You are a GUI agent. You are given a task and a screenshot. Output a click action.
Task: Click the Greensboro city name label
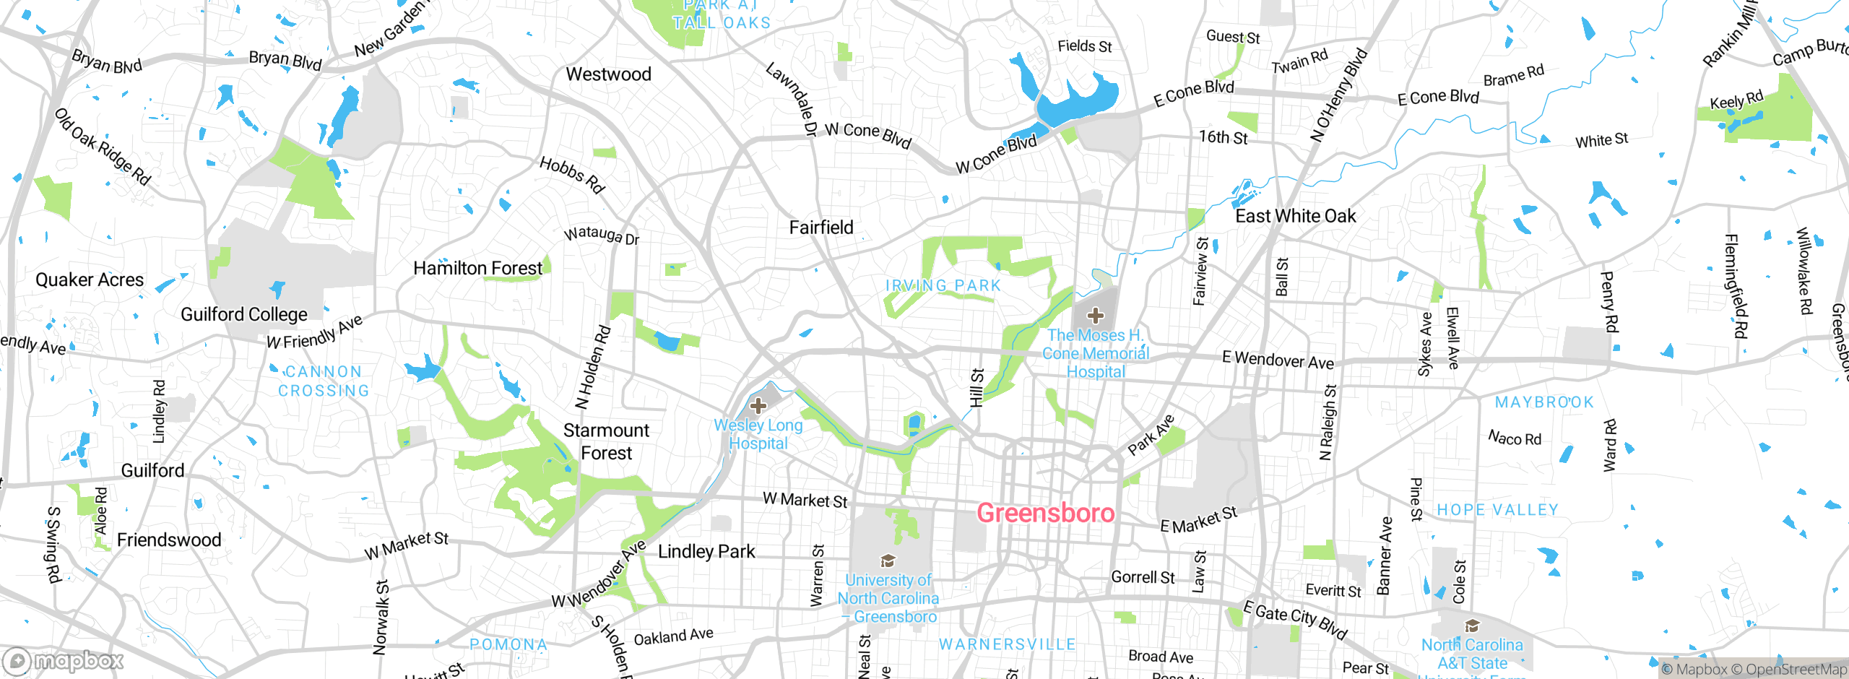pyautogui.click(x=1045, y=513)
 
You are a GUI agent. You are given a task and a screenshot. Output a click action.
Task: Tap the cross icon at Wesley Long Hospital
pyautogui.click(x=758, y=405)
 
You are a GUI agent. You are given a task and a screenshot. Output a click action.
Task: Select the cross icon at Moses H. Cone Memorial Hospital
pyautogui.click(x=1095, y=316)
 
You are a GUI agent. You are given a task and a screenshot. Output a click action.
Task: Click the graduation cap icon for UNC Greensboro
pyautogui.click(x=888, y=561)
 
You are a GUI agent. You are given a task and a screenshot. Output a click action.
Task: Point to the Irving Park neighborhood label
pyautogui.click(x=943, y=286)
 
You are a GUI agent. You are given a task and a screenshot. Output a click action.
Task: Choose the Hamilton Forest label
pyautogui.click(x=477, y=269)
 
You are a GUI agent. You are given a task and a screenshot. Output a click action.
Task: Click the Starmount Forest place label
pyautogui.click(x=606, y=441)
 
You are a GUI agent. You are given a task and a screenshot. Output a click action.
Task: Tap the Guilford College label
pyautogui.click(x=244, y=315)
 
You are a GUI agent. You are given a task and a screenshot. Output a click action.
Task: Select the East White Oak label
pyautogui.click(x=1296, y=216)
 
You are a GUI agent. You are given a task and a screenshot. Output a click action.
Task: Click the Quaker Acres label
pyautogui.click(x=90, y=280)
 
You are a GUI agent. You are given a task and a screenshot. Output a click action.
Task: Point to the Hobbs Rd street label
pyautogui.click(x=571, y=175)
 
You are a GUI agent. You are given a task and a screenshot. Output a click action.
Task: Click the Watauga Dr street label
pyautogui.click(x=602, y=235)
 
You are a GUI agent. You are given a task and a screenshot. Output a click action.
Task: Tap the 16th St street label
pyautogui.click(x=1223, y=137)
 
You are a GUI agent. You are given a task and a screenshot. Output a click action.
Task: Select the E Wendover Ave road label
pyautogui.click(x=1278, y=360)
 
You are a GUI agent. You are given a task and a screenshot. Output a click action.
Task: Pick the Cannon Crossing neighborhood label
pyautogui.click(x=324, y=381)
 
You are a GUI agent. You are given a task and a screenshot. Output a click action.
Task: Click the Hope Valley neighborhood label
pyautogui.click(x=1497, y=510)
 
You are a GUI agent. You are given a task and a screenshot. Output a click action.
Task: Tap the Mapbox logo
pyautogui.click(x=64, y=661)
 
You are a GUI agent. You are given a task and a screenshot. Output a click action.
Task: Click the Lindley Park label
pyautogui.click(x=706, y=552)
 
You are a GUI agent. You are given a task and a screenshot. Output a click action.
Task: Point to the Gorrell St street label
pyautogui.click(x=1143, y=577)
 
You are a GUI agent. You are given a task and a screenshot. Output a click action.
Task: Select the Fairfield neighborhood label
pyautogui.click(x=821, y=228)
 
